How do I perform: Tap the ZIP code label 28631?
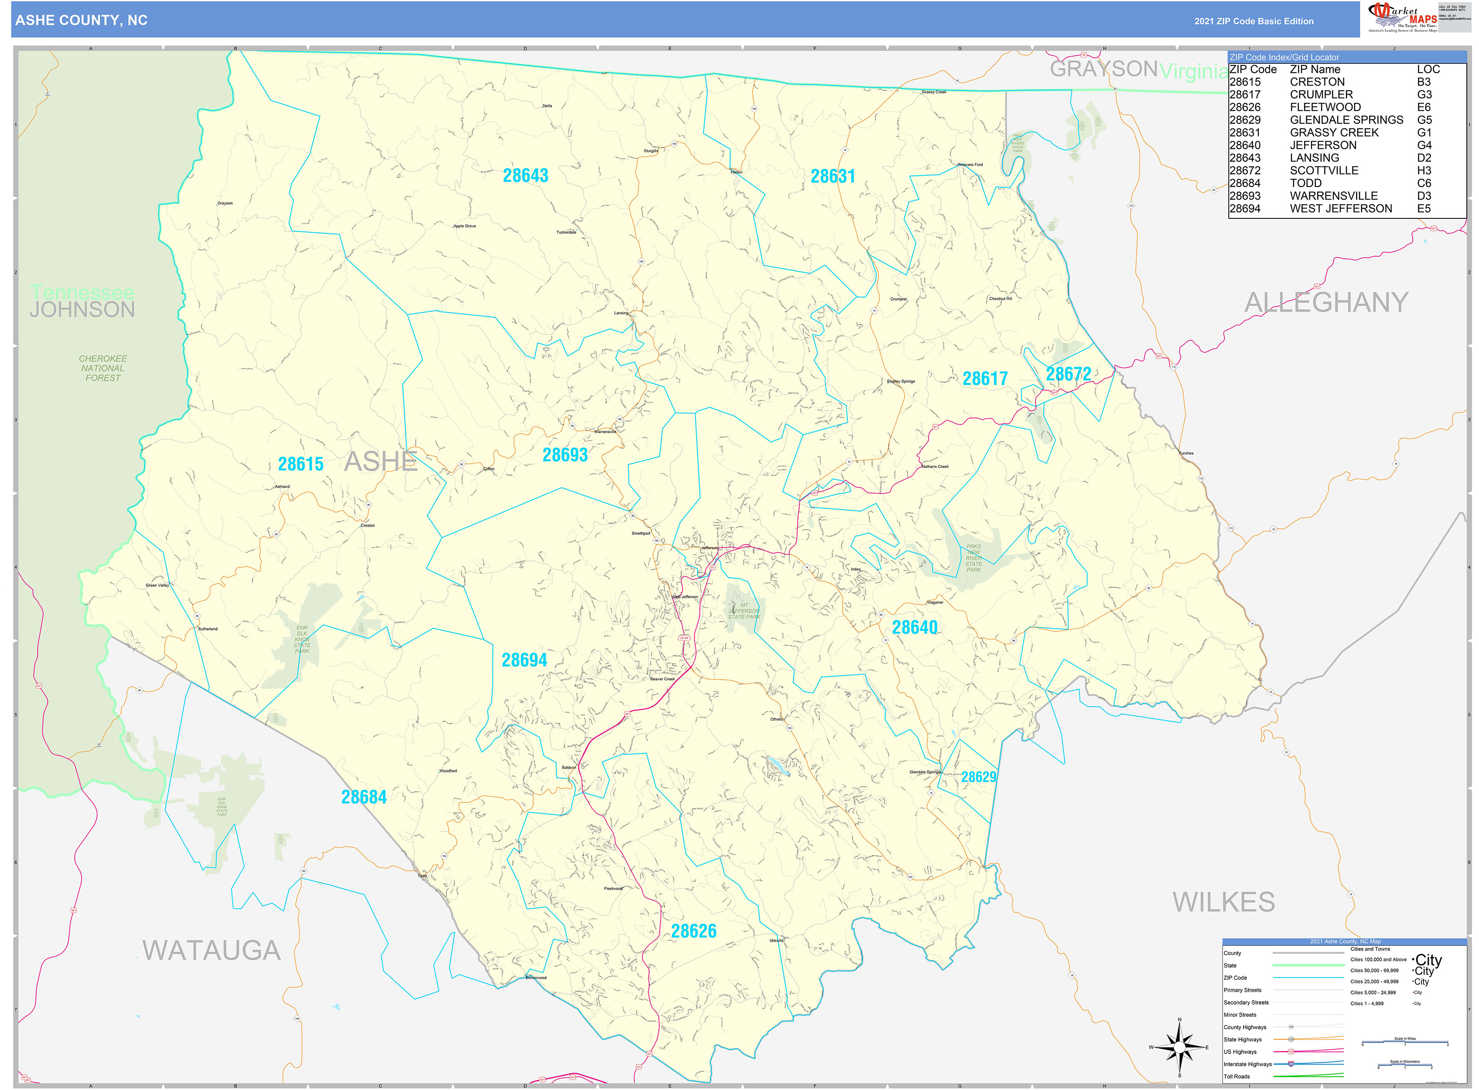pyautogui.click(x=832, y=176)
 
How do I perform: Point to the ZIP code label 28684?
pyautogui.click(x=363, y=797)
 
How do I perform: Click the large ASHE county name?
pyautogui.click(x=381, y=461)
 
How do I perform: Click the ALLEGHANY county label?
pyautogui.click(x=1326, y=302)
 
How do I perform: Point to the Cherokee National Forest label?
pyautogui.click(x=103, y=368)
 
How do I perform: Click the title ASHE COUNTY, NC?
pyautogui.click(x=81, y=21)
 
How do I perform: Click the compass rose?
pyautogui.click(x=1179, y=1047)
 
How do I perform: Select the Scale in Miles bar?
pyautogui.click(x=1404, y=1043)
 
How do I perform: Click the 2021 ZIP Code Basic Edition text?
pyautogui.click(x=1254, y=21)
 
